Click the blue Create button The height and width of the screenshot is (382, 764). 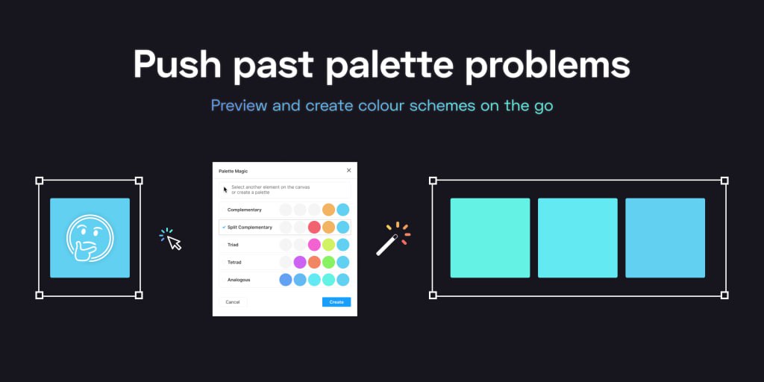click(336, 302)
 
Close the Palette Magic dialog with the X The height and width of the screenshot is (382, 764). click(349, 171)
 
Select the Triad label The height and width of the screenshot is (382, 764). click(233, 245)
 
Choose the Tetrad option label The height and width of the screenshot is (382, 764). click(234, 262)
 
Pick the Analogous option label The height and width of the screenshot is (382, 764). click(238, 281)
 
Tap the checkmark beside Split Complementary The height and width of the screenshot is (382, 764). click(224, 227)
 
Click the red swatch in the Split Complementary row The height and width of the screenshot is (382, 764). click(314, 227)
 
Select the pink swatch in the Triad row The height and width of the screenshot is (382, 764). click(314, 245)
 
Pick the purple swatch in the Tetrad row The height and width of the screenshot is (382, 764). click(300, 262)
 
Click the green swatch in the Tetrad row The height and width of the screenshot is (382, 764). click(329, 262)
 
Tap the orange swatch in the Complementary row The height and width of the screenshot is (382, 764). click(329, 210)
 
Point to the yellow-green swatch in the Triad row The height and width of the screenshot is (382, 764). click(329, 245)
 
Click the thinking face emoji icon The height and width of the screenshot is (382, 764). click(90, 238)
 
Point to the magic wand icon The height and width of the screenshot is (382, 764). click(392, 239)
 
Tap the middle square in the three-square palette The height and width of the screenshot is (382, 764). click(577, 238)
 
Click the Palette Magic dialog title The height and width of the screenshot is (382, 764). click(234, 171)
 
